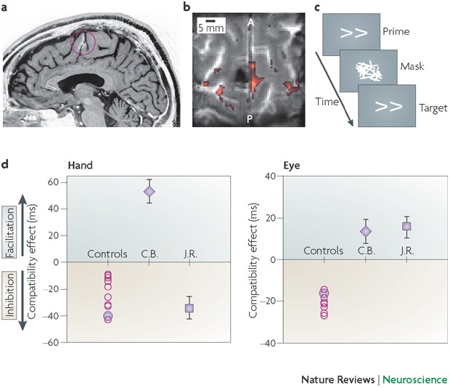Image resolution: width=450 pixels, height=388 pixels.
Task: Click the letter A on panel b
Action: point(249,22)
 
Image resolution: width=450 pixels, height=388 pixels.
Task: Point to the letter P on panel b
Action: point(250,118)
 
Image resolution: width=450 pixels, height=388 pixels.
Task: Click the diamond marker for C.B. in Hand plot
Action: point(149,192)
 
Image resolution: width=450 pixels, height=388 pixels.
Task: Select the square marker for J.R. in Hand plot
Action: point(189,308)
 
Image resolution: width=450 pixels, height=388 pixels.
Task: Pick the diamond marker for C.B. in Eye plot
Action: point(366,231)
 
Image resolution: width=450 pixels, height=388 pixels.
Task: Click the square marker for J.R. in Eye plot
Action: point(406,227)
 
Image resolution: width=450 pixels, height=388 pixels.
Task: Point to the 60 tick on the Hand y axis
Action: point(52,182)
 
